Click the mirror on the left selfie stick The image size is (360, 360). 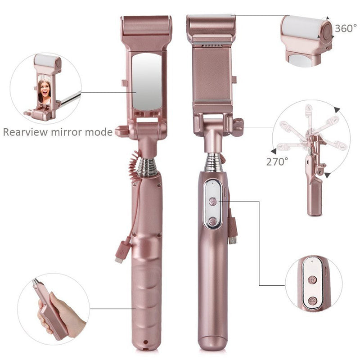click(x=147, y=81)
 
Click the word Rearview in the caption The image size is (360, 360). click(x=25, y=132)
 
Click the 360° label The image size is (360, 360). click(x=346, y=28)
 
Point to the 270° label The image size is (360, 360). click(x=277, y=162)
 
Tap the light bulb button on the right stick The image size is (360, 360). click(x=213, y=202)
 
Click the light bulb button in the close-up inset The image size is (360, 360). click(x=312, y=280)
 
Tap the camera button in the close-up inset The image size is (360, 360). click(x=312, y=301)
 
